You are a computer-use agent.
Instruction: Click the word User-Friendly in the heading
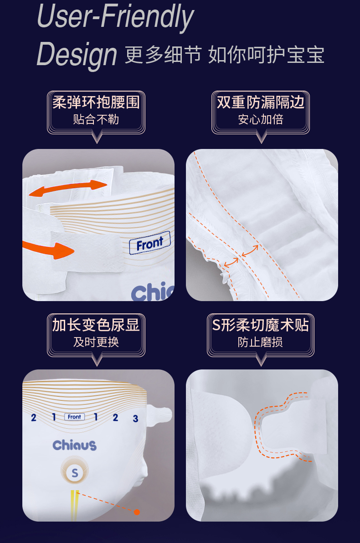tap(115, 16)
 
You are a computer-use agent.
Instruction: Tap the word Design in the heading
tap(77, 55)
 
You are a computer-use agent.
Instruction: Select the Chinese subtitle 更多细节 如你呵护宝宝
tap(225, 55)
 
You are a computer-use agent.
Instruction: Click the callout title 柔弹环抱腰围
tap(96, 102)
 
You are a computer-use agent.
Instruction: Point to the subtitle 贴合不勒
tap(96, 119)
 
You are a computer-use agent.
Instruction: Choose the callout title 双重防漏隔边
tap(261, 102)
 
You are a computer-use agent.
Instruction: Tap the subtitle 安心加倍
tap(261, 119)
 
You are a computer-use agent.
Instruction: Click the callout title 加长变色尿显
tap(96, 325)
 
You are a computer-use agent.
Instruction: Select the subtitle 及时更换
tap(96, 342)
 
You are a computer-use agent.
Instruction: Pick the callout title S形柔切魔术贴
tap(261, 325)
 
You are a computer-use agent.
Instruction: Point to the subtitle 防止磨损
tap(261, 342)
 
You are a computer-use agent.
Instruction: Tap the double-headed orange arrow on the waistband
tap(68, 188)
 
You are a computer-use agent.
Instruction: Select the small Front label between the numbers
tap(74, 417)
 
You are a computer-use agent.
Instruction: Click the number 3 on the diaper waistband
tap(135, 419)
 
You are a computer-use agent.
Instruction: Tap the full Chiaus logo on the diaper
tap(74, 446)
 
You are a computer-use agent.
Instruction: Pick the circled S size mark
tap(75, 473)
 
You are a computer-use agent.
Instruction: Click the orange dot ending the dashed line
tap(137, 512)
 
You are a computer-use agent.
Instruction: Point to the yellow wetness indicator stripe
tap(74, 506)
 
